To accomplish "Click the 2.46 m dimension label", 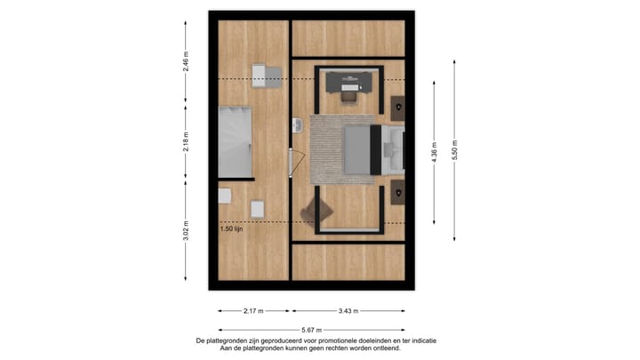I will (186, 60).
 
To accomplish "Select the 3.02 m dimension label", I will (186, 229).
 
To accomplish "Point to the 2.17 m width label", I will (252, 311).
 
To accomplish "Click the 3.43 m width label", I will (348, 311).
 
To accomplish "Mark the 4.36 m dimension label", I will (434, 152).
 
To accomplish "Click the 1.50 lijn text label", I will (233, 228).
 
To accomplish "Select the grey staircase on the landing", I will (236, 141).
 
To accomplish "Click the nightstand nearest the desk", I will (397, 107).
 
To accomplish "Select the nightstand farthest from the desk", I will (397, 190).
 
